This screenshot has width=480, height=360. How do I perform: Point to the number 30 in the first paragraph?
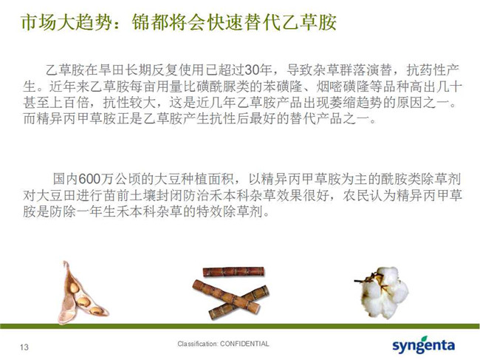pyautogui.click(x=252, y=70)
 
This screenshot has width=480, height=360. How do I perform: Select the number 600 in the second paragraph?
pyautogui.click(x=89, y=179)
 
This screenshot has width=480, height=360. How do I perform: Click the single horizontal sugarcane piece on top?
pyautogui.click(x=233, y=272)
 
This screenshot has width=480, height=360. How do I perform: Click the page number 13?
pyautogui.click(x=24, y=347)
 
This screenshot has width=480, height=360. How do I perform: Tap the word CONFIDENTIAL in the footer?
pyautogui.click(x=244, y=344)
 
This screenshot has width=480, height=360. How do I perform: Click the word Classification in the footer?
pyautogui.click(x=197, y=344)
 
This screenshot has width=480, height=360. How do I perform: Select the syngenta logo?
pyautogui.click(x=423, y=344)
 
